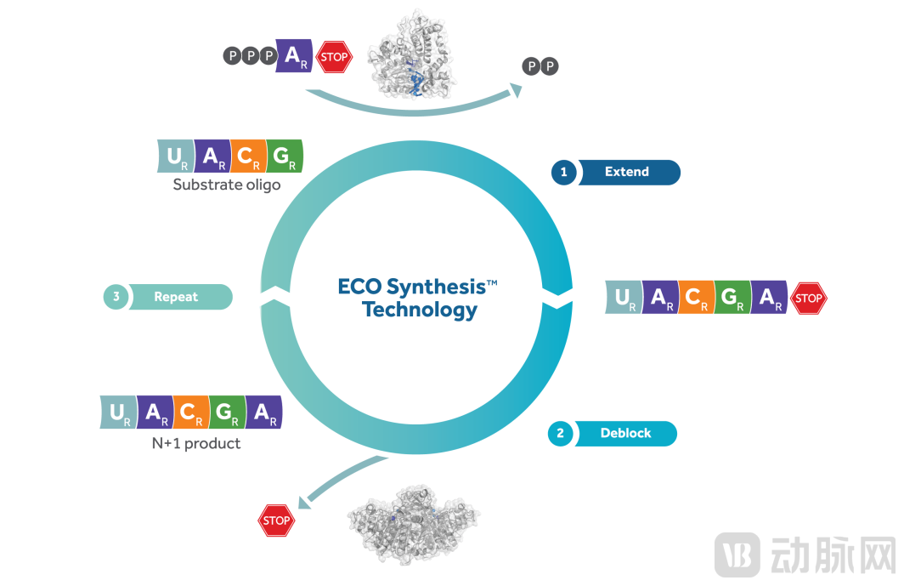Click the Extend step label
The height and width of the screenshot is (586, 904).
tap(627, 172)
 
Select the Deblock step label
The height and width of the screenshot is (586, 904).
tap(625, 433)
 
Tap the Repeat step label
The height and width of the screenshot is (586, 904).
tap(176, 297)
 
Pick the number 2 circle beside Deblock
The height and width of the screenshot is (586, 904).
tap(560, 433)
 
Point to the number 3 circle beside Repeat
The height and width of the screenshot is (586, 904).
tap(116, 297)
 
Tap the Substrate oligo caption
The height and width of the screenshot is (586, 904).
tap(226, 184)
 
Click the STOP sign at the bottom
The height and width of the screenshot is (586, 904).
tap(276, 521)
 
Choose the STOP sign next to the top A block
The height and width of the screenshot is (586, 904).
tap(334, 57)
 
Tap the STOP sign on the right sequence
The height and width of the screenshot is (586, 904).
tap(808, 298)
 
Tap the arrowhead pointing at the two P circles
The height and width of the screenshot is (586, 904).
tap(514, 90)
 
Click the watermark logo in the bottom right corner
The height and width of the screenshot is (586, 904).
tap(737, 554)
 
